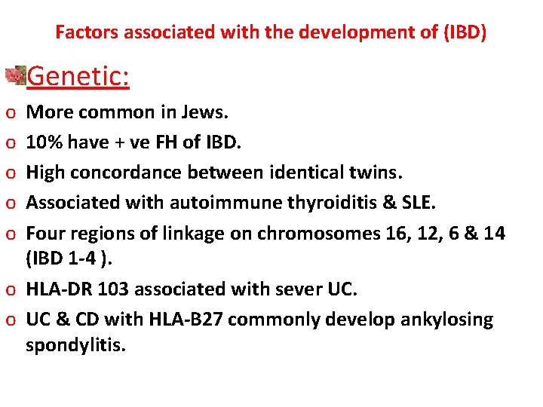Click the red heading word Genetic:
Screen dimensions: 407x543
(x=78, y=76)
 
